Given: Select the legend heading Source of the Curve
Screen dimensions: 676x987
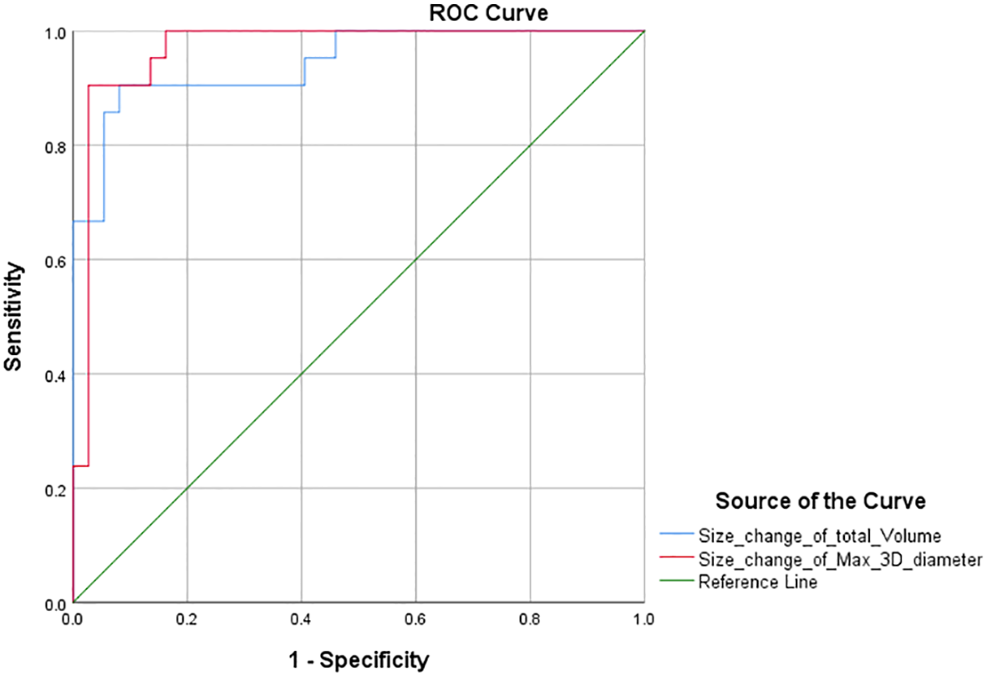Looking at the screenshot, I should (x=820, y=501).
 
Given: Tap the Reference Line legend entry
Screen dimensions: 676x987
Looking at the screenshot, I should (x=758, y=582).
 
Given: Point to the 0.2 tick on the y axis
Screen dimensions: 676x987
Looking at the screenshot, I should (x=54, y=488).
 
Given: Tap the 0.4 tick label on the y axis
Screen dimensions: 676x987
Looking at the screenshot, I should (x=54, y=374).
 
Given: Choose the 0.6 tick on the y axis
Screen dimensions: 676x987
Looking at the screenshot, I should (x=54, y=260).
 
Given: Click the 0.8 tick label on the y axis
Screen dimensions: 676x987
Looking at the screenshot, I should (x=54, y=145).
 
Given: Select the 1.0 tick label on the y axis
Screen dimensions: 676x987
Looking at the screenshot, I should (x=54, y=32).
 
